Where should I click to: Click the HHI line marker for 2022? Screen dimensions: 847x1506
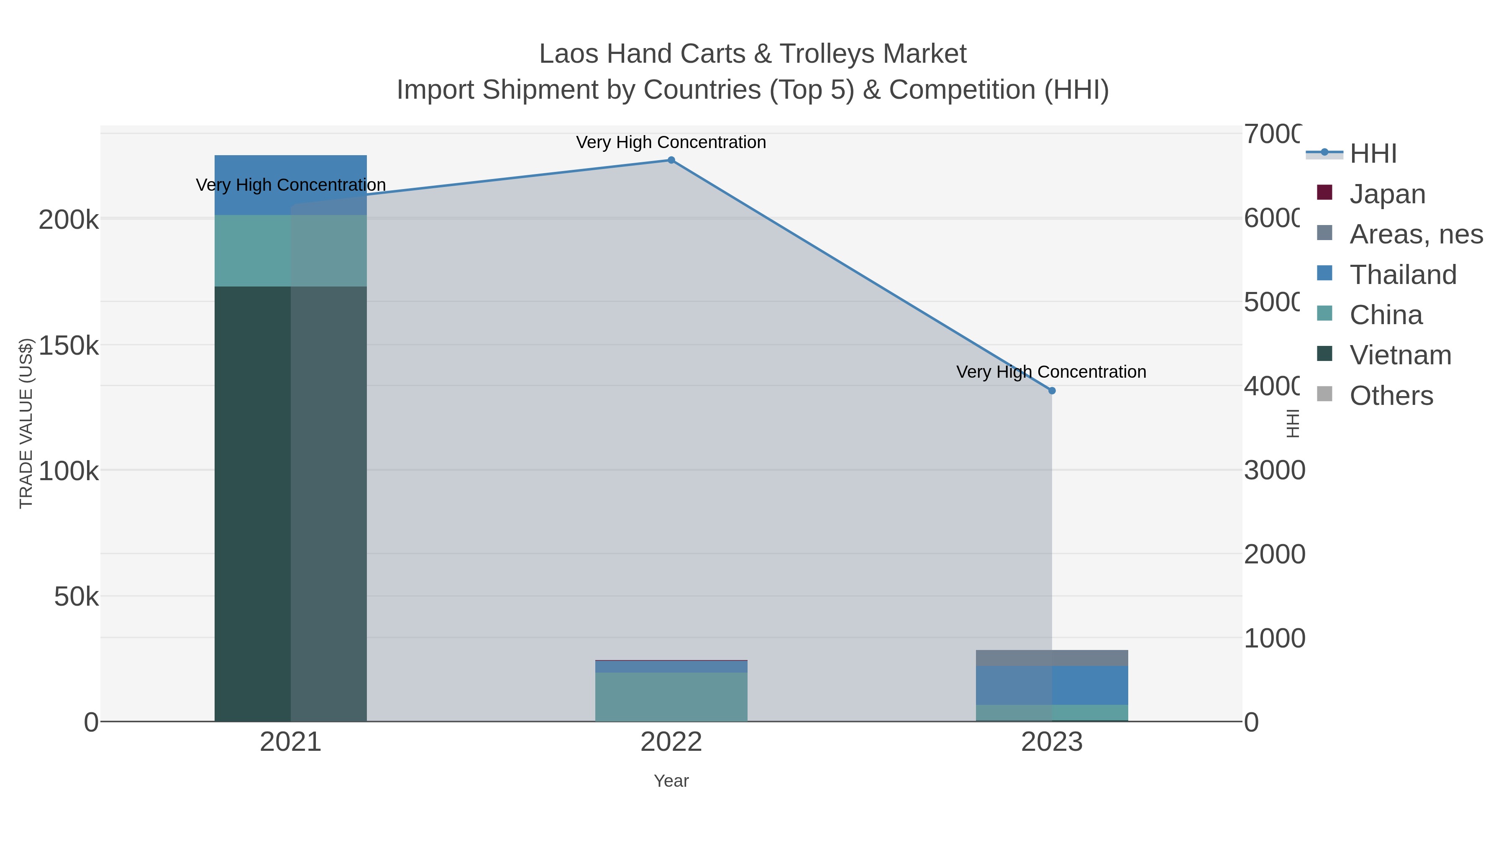point(671,160)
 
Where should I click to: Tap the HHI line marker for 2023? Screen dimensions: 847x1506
point(1052,391)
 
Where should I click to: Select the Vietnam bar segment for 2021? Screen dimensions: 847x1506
point(291,503)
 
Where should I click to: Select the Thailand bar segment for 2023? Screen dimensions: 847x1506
point(1052,685)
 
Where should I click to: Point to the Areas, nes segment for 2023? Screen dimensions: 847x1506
point(1052,658)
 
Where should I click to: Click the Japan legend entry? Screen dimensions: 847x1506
point(1387,194)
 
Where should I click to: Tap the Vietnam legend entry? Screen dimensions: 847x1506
point(1400,355)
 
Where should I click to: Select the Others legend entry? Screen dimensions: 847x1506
point(1391,396)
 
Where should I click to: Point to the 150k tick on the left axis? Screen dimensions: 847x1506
point(69,345)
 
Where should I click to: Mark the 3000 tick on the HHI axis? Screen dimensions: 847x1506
point(1274,471)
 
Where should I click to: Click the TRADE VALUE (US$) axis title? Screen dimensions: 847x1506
point(26,423)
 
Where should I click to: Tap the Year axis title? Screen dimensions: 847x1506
point(671,781)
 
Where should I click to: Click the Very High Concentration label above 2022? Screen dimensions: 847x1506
point(671,142)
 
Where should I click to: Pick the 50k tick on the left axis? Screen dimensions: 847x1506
point(76,597)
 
